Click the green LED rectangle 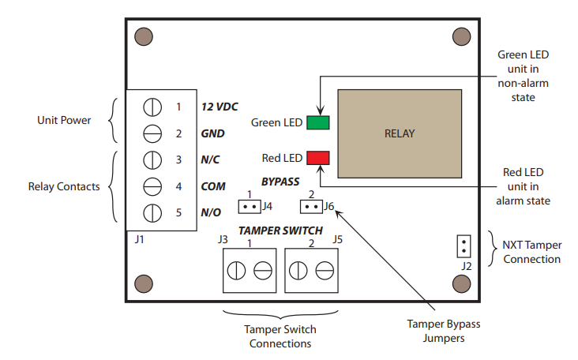(318, 122)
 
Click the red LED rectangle (318, 156)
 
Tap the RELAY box (399, 133)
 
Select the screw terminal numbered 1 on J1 (152, 106)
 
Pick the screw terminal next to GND (152, 133)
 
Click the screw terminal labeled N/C (152, 159)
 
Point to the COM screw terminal (152, 186)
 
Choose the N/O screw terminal (152, 213)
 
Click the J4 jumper (250, 207)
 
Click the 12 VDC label (219, 106)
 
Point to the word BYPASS (280, 181)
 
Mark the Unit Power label (64, 121)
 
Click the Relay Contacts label (64, 187)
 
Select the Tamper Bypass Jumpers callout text (443, 331)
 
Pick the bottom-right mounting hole (462, 283)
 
